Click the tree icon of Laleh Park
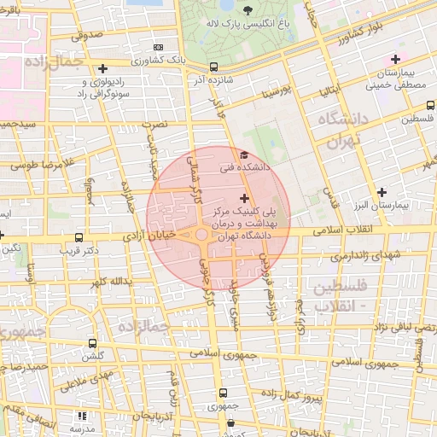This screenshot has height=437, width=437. tap(248, 10)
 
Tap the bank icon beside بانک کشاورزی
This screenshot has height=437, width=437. tap(157, 47)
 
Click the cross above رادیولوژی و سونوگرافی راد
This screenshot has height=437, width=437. tap(102, 68)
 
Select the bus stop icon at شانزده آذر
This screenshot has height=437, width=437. tap(213, 67)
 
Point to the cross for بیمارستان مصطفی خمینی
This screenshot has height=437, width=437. tap(394, 59)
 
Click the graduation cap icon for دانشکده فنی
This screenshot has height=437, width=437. tap(244, 155)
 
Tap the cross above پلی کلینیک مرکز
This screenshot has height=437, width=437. tap(245, 197)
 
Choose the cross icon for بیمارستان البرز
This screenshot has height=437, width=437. tap(382, 192)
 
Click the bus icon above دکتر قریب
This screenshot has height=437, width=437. tap(79, 238)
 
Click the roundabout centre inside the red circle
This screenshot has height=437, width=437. tap(202, 234)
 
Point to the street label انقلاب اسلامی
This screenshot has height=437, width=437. tap(337, 230)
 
